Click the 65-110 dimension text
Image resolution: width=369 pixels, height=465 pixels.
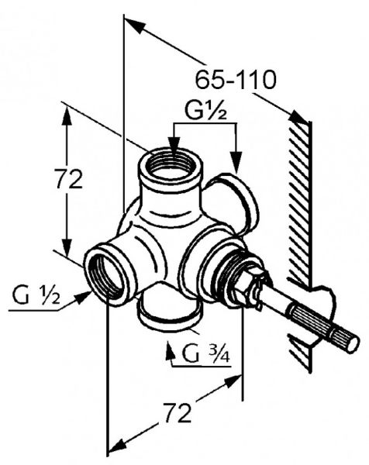[x=236, y=80]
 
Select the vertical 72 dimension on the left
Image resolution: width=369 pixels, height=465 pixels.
[x=69, y=179]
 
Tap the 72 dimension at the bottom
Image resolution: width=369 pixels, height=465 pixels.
[x=178, y=412]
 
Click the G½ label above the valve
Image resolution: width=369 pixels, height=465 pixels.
[x=205, y=111]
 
